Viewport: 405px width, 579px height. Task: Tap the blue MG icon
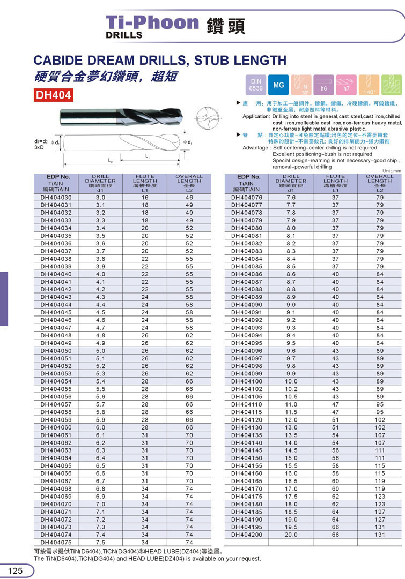pos(278,85)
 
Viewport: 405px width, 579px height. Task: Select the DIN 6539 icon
pos(256,85)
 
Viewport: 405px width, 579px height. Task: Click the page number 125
pos(15,571)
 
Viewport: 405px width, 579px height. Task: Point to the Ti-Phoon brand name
pos(152,22)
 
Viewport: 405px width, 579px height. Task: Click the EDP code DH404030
pos(56,198)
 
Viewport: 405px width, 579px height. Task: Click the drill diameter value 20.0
pos(291,535)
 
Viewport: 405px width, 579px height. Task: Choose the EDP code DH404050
pos(56,351)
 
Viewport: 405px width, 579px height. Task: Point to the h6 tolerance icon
pos(323,85)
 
